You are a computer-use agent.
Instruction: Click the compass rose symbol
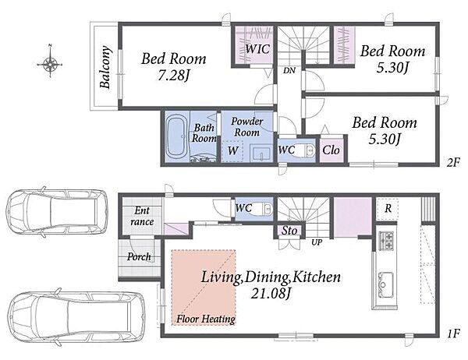coord(50,63)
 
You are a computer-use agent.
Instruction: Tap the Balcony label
coord(105,67)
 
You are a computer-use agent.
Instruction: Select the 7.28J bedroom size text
coord(174,76)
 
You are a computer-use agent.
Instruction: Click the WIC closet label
coord(257,49)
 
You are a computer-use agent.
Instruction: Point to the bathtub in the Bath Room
coord(176,136)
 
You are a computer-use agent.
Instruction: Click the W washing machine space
coord(232,150)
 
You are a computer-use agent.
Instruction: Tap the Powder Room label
coord(246,127)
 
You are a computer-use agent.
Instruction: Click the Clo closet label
coord(331,150)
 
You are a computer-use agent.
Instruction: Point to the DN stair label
coord(289,70)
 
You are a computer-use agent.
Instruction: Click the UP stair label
coord(317,242)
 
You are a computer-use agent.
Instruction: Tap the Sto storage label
coord(289,231)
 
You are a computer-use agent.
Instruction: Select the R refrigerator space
coord(388,208)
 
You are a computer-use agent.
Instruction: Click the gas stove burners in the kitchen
coord(387,241)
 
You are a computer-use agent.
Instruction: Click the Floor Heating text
coord(206,319)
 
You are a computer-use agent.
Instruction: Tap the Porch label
coord(139,256)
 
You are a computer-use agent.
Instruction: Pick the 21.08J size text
coord(271,294)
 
